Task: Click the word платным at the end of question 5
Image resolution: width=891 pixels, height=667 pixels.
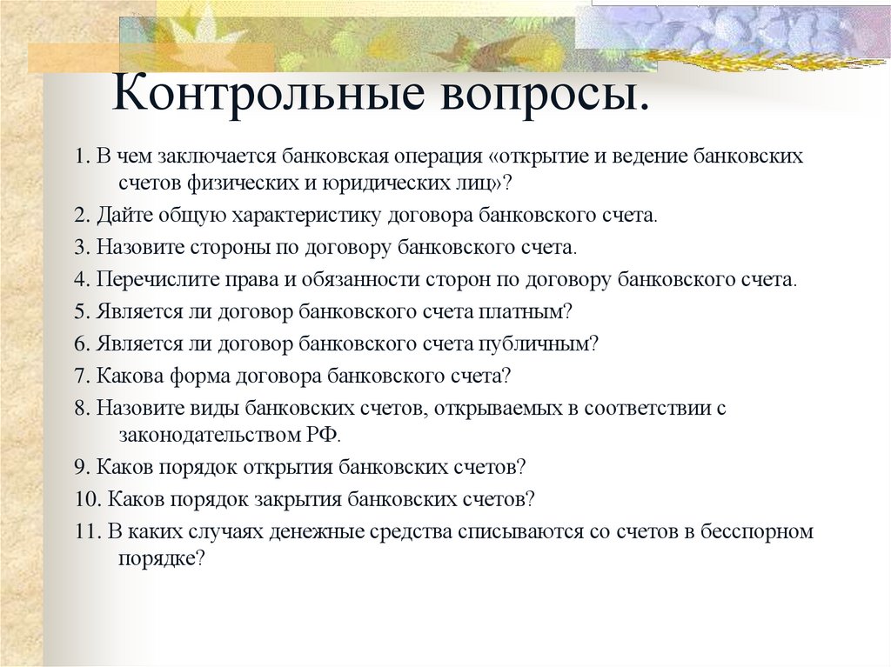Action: click(x=529, y=311)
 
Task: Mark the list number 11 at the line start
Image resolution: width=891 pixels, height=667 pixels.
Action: click(x=88, y=532)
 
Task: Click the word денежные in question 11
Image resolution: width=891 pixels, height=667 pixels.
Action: click(x=320, y=532)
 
